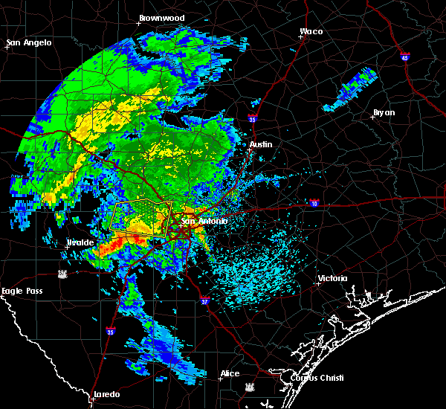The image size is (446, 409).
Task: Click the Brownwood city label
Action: tap(161, 17)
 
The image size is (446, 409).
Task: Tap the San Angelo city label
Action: tap(30, 42)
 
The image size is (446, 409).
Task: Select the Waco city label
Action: tap(311, 32)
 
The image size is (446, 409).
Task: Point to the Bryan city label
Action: tap(384, 112)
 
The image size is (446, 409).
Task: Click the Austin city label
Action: tap(261, 144)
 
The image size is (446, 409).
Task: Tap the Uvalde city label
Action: tap(80, 242)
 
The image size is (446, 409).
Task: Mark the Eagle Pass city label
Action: tap(22, 291)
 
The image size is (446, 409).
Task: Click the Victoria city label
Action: tap(332, 279)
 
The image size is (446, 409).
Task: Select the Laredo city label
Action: tap(107, 394)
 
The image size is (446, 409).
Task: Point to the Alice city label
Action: tap(230, 373)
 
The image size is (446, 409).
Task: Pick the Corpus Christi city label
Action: tap(307, 377)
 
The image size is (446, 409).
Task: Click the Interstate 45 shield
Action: tap(404, 57)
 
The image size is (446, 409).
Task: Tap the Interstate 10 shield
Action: tap(314, 202)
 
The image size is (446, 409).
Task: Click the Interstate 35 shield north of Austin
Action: tap(253, 118)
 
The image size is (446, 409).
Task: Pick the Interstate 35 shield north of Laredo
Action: tap(110, 332)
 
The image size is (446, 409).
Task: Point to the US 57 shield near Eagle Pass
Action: tap(64, 274)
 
